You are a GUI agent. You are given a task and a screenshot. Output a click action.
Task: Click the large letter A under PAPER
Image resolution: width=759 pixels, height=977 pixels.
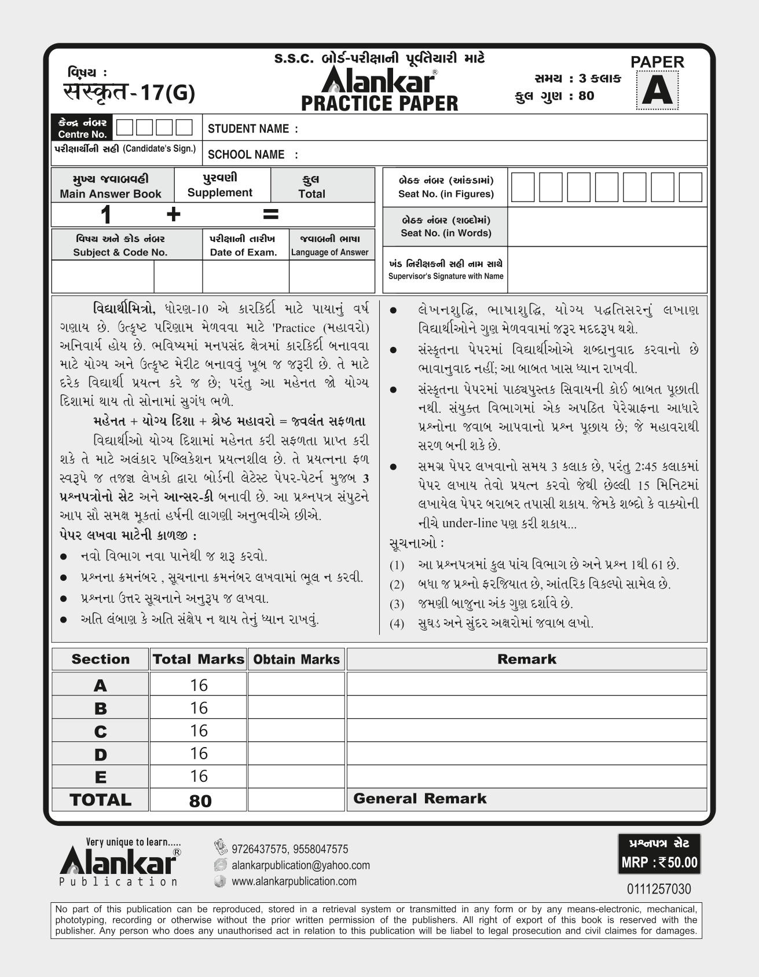pyautogui.click(x=657, y=92)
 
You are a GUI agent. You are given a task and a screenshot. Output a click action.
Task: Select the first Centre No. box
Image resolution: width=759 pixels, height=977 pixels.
pyautogui.click(x=124, y=127)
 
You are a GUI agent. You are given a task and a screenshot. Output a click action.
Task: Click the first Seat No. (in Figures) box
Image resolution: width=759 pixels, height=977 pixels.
pyautogui.click(x=523, y=187)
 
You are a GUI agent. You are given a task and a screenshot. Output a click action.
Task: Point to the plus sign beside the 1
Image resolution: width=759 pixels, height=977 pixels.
pyautogui.click(x=173, y=215)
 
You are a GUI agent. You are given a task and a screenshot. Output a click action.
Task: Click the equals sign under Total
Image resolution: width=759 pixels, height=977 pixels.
pyautogui.click(x=270, y=215)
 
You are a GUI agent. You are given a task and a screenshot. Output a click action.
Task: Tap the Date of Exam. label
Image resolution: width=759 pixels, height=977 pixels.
pyautogui.click(x=243, y=252)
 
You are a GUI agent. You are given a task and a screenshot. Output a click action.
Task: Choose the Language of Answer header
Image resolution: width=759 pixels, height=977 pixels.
pyautogui.click(x=329, y=252)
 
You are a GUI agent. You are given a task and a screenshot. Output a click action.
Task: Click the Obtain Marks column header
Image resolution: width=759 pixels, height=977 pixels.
pyautogui.click(x=296, y=659)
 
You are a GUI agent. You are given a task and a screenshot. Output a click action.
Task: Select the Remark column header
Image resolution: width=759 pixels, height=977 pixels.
pyautogui.click(x=526, y=659)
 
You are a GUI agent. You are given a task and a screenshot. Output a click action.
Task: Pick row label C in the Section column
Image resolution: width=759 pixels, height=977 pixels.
pyautogui.click(x=100, y=731)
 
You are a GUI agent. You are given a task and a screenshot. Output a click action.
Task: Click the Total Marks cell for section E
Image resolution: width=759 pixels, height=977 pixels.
pyautogui.click(x=199, y=776)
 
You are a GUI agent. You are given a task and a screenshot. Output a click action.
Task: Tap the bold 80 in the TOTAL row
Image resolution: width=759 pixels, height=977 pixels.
pyautogui.click(x=200, y=800)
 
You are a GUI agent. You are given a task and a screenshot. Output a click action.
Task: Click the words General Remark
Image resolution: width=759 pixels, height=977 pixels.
pyautogui.click(x=420, y=799)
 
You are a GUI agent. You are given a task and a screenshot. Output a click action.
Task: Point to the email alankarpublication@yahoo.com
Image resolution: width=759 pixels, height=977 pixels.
pyautogui.click(x=300, y=865)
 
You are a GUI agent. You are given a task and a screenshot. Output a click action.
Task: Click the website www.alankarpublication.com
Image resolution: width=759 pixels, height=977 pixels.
pyautogui.click(x=294, y=881)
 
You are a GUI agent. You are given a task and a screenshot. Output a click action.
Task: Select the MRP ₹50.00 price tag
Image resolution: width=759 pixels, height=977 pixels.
pyautogui.click(x=659, y=862)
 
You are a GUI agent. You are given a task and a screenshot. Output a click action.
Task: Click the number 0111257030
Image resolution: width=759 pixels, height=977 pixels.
pyautogui.click(x=659, y=889)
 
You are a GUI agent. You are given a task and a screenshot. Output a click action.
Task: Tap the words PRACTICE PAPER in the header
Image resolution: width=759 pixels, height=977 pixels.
pyautogui.click(x=380, y=104)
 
